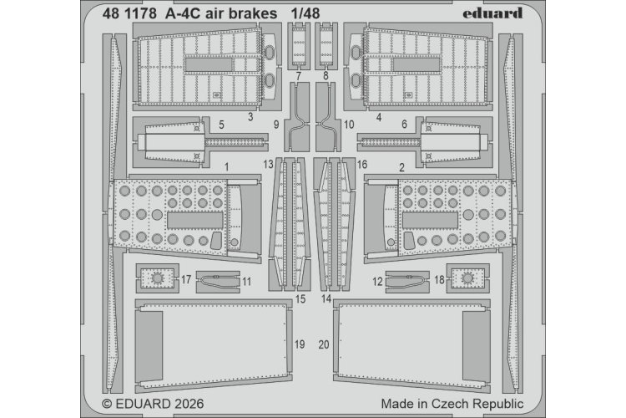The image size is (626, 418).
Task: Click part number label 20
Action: pyautogui.click(x=324, y=344)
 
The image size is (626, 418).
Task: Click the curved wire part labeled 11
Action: pyautogui.click(x=217, y=282)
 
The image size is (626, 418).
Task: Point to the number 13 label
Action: pyautogui.click(x=267, y=166)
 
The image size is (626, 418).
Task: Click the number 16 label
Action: pyautogui.click(x=361, y=166)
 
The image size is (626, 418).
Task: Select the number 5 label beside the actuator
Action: pyautogui.click(x=221, y=125)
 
